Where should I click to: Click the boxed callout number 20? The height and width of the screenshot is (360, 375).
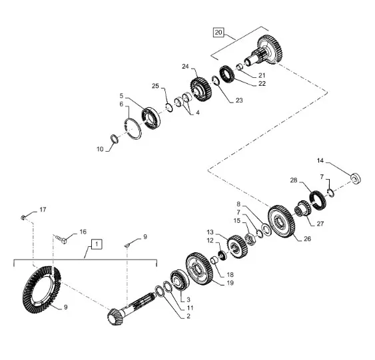(x=218, y=31)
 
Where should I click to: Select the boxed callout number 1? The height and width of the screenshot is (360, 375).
(x=97, y=244)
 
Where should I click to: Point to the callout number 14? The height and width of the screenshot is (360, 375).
(x=320, y=160)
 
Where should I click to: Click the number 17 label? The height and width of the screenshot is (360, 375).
(x=43, y=210)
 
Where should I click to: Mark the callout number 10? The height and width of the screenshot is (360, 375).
(x=101, y=149)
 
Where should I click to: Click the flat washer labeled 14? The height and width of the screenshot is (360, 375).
(x=356, y=178)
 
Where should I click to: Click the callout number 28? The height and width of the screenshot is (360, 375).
(x=294, y=180)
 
